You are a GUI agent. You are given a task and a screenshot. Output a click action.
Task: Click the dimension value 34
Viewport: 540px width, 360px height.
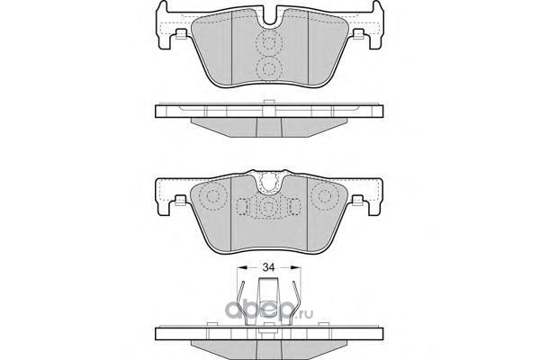click(268, 267)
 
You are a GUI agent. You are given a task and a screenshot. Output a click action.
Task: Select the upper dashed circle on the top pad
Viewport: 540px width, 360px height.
click(269, 42)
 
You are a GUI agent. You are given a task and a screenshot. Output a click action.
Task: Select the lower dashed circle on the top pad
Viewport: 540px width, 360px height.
click(269, 69)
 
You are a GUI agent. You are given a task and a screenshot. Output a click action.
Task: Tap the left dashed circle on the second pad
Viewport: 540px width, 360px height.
click(213, 196)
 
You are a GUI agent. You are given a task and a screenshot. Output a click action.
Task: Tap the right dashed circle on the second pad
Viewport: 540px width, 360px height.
click(324, 196)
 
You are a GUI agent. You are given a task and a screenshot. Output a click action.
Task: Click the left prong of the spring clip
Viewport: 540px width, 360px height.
click(241, 300)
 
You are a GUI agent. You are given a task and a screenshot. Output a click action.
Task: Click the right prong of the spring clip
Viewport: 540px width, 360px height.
click(297, 300)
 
